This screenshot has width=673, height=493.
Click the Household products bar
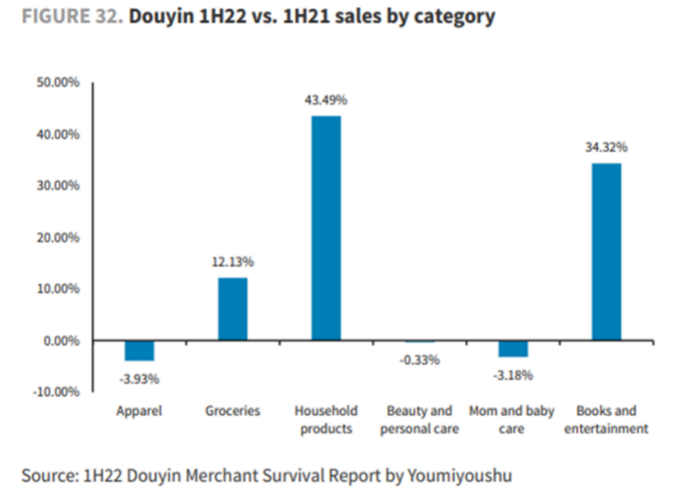pyautogui.click(x=326, y=227)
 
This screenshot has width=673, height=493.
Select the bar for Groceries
pyautogui.click(x=233, y=309)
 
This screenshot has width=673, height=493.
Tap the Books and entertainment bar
pyautogui.click(x=606, y=251)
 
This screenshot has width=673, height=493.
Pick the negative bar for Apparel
pyautogui.click(x=140, y=350)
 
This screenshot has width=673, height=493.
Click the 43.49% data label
pyautogui.click(x=326, y=99)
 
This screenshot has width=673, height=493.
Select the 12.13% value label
pyautogui.click(x=232, y=262)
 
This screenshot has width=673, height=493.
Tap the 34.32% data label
pyautogui.click(x=606, y=146)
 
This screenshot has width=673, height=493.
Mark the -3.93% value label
pyautogui.click(x=139, y=379)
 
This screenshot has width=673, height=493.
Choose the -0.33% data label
pyautogui.click(x=419, y=360)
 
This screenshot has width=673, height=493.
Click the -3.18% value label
pyautogui.click(x=512, y=375)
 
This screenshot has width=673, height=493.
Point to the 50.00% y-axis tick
pyautogui.click(x=56, y=82)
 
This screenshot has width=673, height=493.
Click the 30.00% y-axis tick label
pyautogui.click(x=56, y=186)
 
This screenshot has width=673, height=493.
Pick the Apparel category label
pyautogui.click(x=139, y=411)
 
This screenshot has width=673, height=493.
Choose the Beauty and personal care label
pyautogui.click(x=419, y=420)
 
